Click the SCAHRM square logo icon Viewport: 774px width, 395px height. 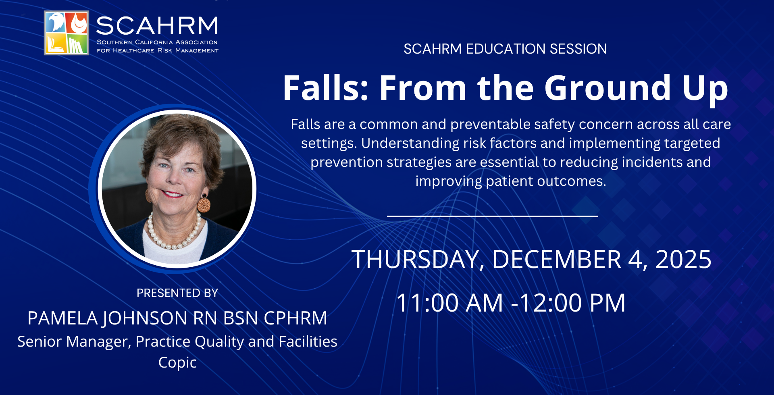[x=67, y=33]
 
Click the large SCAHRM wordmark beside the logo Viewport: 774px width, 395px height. [x=157, y=26]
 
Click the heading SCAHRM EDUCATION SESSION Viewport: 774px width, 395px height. [x=505, y=49]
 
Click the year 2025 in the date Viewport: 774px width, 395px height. [x=683, y=259]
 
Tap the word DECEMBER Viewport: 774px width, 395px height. [x=557, y=259]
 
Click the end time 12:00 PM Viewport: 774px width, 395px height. [x=572, y=303]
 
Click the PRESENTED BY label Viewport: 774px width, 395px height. [x=177, y=293]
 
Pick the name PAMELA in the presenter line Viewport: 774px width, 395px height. [x=62, y=318]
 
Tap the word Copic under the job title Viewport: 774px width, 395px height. [x=177, y=363]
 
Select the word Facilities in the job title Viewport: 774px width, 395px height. [x=308, y=341]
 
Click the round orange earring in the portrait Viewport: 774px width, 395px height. [x=204, y=204]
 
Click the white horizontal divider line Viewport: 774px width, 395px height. [x=492, y=216]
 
